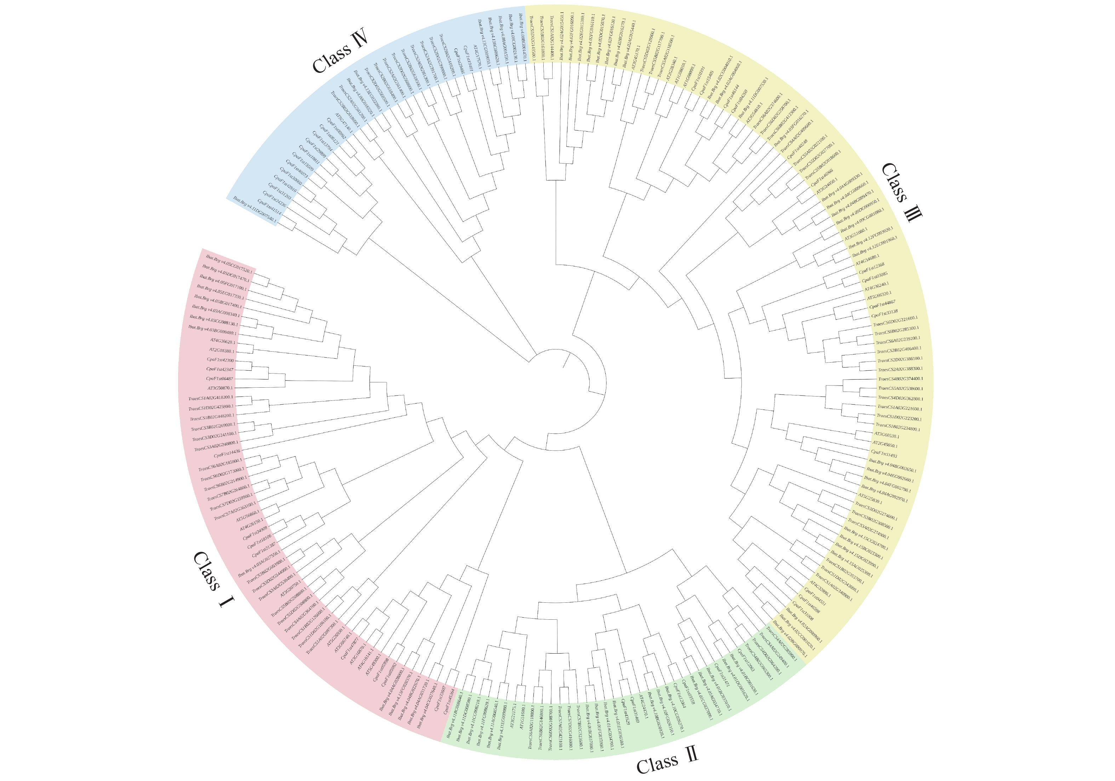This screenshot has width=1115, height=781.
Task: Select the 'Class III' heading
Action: click(x=901, y=192)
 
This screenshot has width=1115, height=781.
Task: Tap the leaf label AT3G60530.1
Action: click(x=887, y=435)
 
